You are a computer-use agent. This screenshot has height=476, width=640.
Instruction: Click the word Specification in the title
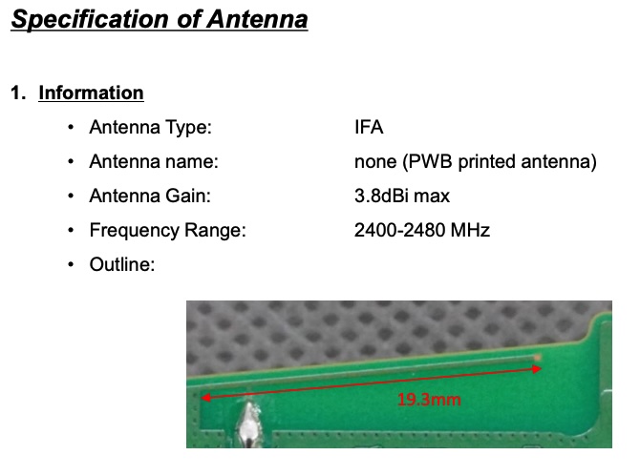pyautogui.click(x=90, y=19)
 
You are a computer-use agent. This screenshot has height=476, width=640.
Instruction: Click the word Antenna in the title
pyautogui.click(x=257, y=19)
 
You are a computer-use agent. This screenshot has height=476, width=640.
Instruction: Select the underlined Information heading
pyautogui.click(x=91, y=93)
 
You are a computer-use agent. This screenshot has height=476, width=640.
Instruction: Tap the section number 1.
pyautogui.click(x=18, y=93)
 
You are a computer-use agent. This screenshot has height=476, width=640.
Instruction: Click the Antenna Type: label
pyautogui.click(x=151, y=127)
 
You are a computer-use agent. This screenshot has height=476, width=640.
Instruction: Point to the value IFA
pyautogui.click(x=369, y=127)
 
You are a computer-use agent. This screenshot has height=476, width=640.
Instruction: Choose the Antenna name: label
pyautogui.click(x=154, y=161)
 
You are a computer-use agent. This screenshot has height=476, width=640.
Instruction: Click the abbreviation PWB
pyautogui.click(x=430, y=161)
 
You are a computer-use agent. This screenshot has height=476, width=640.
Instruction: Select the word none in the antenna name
pyautogui.click(x=375, y=162)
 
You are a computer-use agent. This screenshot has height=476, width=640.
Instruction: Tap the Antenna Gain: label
pyautogui.click(x=150, y=196)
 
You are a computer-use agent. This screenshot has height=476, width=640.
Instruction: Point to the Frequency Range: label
pyautogui.click(x=168, y=230)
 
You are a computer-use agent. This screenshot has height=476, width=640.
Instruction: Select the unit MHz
pyautogui.click(x=470, y=230)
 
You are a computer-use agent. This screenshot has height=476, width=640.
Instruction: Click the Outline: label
pyautogui.click(x=122, y=264)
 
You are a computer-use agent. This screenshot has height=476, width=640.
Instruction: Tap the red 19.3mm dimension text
pyautogui.click(x=429, y=400)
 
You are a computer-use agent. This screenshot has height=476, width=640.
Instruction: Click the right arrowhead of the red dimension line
pyautogui.click(x=537, y=369)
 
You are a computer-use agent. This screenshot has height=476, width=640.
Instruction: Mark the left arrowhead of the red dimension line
pyautogui.click(x=205, y=398)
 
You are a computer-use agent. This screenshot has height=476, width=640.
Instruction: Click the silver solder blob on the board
pyautogui.click(x=248, y=424)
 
